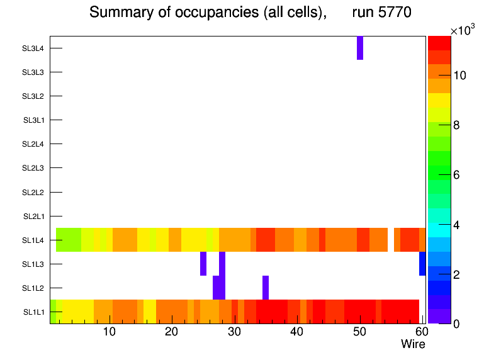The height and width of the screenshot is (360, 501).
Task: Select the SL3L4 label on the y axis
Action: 33,48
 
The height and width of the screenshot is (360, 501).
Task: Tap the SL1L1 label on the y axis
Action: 34,312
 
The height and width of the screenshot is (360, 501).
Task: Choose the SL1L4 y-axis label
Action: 33,240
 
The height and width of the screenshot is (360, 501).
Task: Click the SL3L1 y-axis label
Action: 34,120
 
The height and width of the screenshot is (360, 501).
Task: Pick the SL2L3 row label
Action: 33,168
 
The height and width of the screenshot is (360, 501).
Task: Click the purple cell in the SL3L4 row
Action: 360,48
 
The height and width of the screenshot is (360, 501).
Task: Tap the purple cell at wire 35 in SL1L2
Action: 266,288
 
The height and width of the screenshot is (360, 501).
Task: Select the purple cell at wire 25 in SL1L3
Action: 203,264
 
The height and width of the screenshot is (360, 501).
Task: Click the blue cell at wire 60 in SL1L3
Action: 422,264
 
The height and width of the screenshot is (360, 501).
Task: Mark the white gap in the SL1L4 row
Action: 391,240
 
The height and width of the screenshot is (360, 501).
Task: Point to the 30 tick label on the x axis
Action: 235,332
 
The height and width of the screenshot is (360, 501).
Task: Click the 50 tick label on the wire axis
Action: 359,332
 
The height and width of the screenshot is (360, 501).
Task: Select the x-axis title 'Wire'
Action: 413,344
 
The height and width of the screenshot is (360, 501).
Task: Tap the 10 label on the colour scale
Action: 459,76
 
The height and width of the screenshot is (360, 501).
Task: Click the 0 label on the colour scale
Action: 456,323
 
